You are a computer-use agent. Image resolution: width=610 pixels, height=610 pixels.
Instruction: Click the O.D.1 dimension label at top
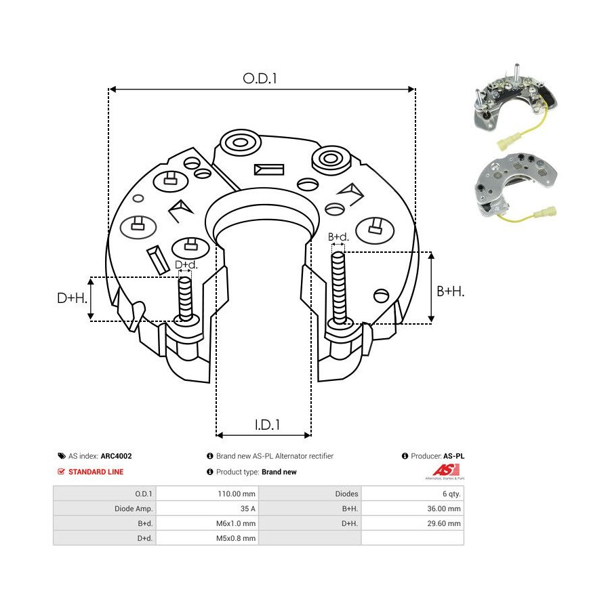(x=261, y=79)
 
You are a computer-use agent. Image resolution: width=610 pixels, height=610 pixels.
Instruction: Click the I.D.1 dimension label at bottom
(x=268, y=425)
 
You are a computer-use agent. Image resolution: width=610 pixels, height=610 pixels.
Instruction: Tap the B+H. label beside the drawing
(x=451, y=291)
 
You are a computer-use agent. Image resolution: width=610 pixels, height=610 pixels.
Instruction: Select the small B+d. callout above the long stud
(x=338, y=237)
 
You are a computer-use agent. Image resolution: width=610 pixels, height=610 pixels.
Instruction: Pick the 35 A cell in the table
(x=247, y=508)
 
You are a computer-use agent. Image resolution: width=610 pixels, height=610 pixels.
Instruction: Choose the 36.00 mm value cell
(x=445, y=508)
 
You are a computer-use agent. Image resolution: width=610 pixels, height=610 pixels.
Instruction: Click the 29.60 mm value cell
(x=445, y=523)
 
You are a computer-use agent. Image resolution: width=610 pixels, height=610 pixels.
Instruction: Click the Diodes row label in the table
(x=346, y=494)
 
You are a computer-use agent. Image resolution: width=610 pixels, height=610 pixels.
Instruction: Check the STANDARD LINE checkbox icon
(x=62, y=472)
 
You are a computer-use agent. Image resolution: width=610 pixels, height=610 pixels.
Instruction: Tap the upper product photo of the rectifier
(x=515, y=108)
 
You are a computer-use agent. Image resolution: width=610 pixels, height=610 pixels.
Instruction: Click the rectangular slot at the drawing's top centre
(x=265, y=169)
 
